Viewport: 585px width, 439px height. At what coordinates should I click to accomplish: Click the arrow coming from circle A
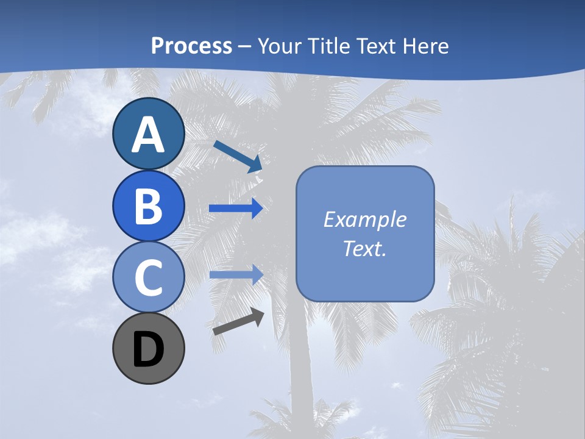238,156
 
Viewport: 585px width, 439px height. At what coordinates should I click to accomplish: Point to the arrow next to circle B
236,209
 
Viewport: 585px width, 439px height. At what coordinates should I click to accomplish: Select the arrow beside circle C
236,275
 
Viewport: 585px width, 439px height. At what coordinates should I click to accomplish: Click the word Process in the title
191,46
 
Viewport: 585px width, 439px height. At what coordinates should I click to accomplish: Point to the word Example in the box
364,220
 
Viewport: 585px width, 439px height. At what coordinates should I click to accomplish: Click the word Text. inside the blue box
364,248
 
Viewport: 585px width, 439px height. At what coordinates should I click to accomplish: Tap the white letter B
148,206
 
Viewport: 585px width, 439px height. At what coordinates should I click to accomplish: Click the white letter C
148,277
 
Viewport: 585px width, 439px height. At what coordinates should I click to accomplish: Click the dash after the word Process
245,46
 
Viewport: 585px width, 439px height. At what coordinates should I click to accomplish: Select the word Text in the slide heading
376,46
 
